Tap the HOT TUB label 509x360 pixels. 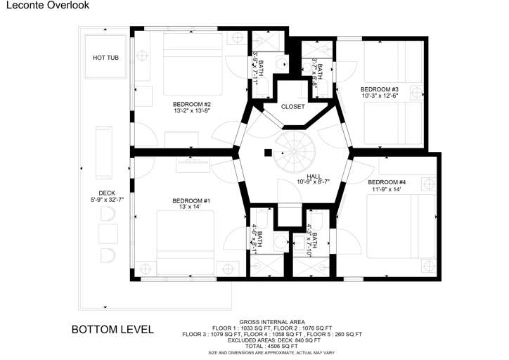tap(105, 57)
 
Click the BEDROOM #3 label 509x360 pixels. tap(380, 89)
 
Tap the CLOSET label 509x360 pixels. tap(292, 107)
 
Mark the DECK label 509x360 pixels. tap(106, 193)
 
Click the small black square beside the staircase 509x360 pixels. tap(267, 152)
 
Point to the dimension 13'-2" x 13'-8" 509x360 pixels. tap(192, 111)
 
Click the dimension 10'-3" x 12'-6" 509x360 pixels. tap(380, 96)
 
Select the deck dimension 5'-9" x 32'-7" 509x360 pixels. tap(106, 200)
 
